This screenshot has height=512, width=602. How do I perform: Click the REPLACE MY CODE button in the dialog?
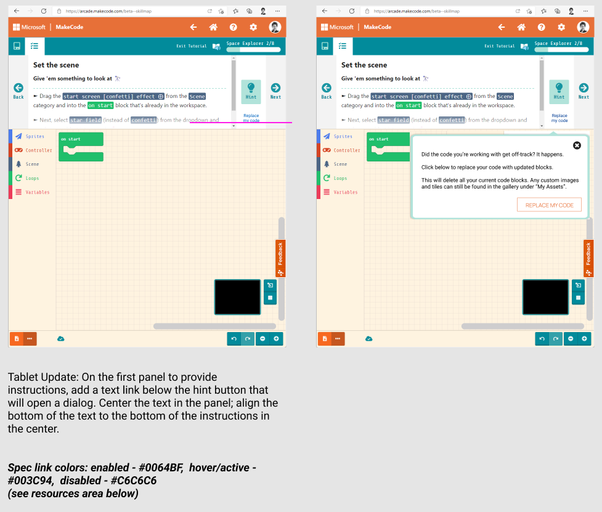coord(549,205)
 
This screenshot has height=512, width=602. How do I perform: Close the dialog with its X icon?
coord(577,145)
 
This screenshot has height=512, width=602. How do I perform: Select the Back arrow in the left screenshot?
coord(18,90)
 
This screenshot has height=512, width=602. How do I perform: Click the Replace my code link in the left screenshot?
coord(251,118)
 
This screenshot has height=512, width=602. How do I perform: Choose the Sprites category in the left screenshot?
coord(34,137)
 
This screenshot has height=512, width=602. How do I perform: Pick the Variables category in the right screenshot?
coord(345,192)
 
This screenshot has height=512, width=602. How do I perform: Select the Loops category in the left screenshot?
coord(31,179)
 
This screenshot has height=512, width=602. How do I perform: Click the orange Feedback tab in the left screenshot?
coord(280,258)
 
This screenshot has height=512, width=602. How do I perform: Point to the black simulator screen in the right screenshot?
coord(545,297)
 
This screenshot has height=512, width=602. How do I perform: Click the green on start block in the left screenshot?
coord(80,139)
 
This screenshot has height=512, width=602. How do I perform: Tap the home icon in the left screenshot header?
coord(213,27)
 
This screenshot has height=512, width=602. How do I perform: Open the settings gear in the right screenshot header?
coord(561,27)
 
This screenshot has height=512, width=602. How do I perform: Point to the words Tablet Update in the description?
coord(39,377)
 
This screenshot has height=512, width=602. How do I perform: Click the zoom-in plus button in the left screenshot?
coord(277,338)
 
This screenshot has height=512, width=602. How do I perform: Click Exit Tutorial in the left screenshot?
coord(190,46)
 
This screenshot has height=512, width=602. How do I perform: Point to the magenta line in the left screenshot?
coord(240,123)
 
